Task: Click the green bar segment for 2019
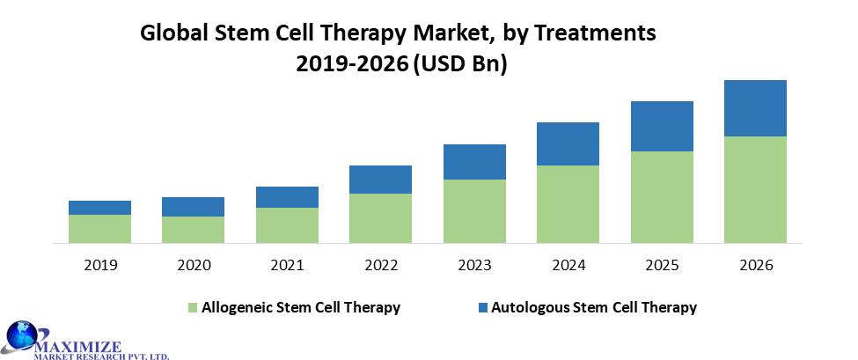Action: (99, 228)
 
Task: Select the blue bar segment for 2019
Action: (99, 208)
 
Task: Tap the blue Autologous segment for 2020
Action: (193, 207)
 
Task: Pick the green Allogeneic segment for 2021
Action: (287, 224)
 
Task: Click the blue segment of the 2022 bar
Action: (380, 180)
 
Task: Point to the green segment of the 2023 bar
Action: (474, 210)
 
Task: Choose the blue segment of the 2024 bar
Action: (568, 143)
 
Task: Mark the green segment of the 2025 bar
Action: (662, 196)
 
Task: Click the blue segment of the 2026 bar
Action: (755, 108)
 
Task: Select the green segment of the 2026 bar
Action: (755, 188)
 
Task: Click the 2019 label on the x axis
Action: (99, 265)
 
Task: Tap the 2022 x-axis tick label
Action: (380, 265)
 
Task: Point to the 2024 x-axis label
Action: (568, 265)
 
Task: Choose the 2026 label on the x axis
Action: (755, 265)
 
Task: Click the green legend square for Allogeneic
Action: (193, 308)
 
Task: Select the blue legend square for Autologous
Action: (481, 308)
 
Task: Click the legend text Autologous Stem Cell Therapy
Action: (594, 307)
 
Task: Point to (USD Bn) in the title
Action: (459, 65)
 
